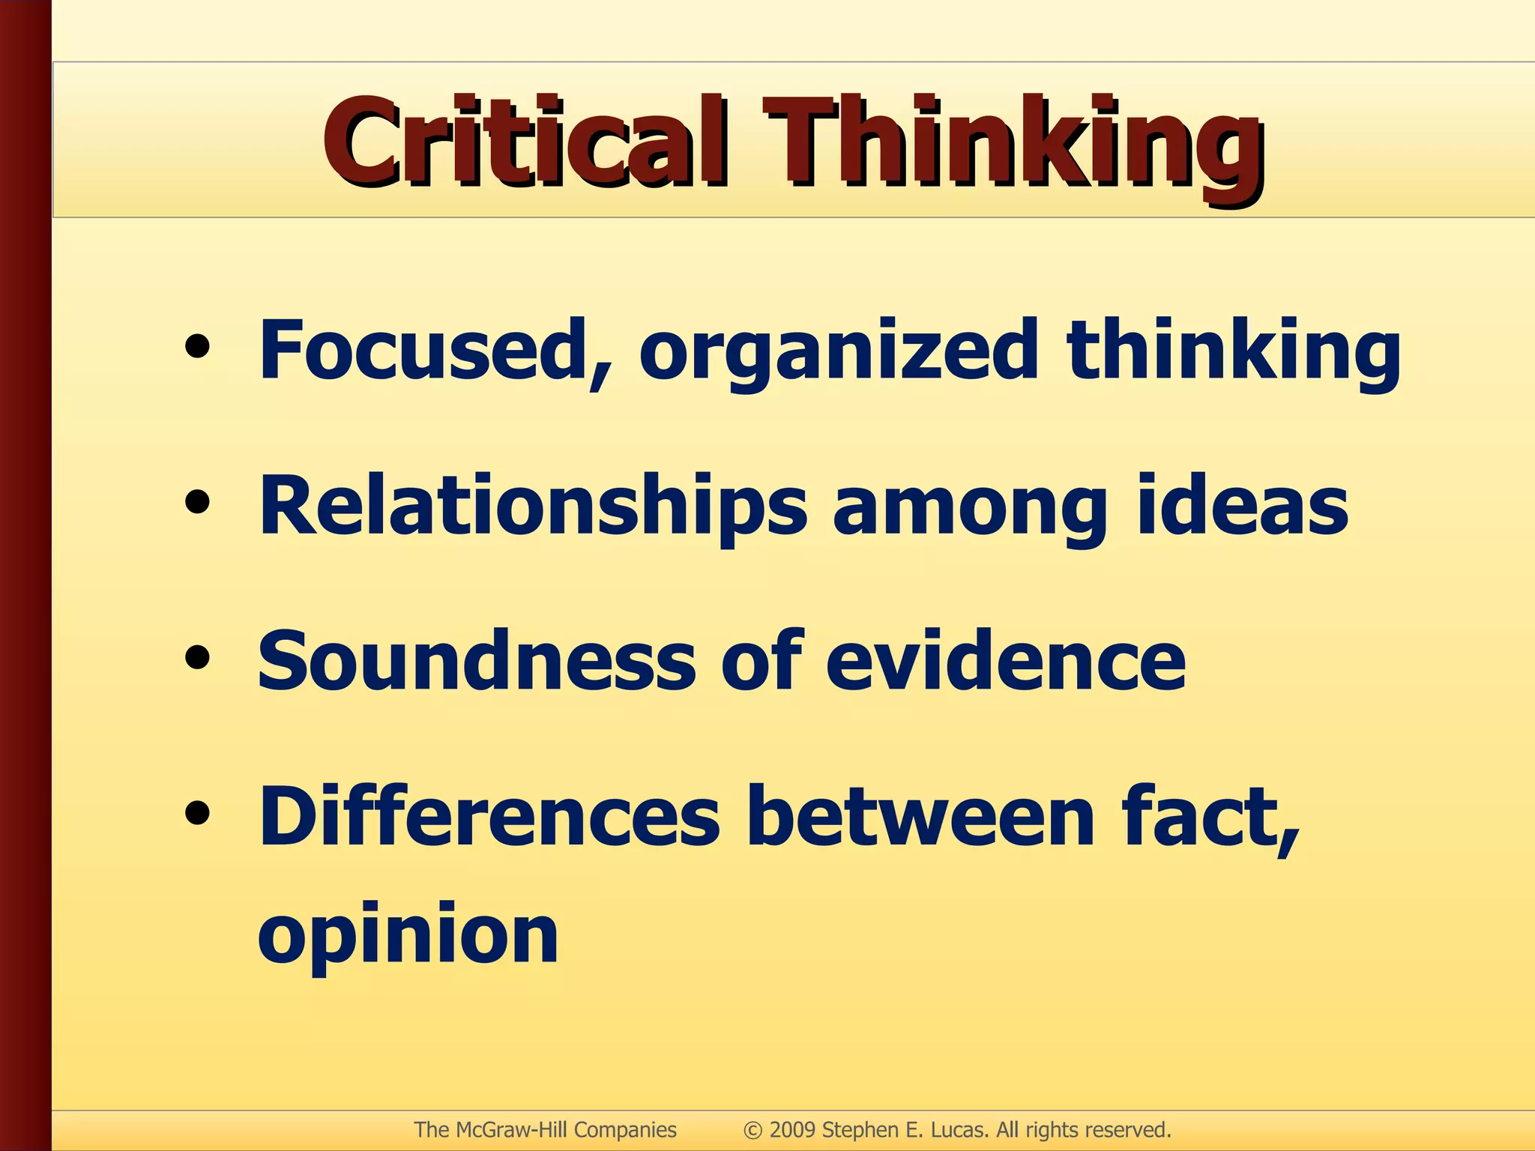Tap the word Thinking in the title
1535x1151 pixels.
(1012, 146)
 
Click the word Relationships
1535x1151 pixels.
(533, 508)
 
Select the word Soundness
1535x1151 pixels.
(477, 661)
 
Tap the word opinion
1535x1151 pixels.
(408, 937)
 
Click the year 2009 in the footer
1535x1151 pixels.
(792, 1129)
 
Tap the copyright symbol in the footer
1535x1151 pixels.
(753, 1130)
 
